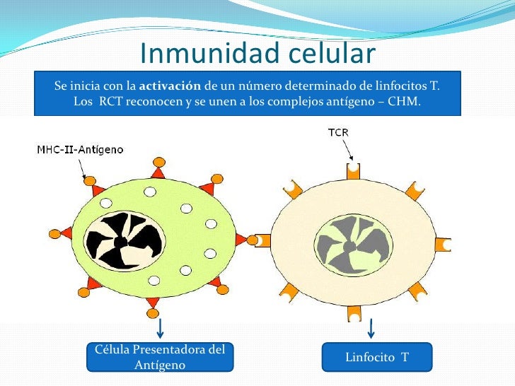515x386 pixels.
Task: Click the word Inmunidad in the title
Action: click(201, 54)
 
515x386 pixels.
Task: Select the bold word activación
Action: click(170, 86)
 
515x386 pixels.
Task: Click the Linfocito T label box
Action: click(376, 358)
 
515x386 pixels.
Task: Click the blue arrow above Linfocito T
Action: click(371, 327)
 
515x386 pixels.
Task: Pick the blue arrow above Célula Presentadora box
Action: click(161, 327)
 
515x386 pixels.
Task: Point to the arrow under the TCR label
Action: click(349, 150)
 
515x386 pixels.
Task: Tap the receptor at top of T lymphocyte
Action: click(352, 170)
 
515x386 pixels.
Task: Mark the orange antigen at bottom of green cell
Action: click(152, 315)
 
